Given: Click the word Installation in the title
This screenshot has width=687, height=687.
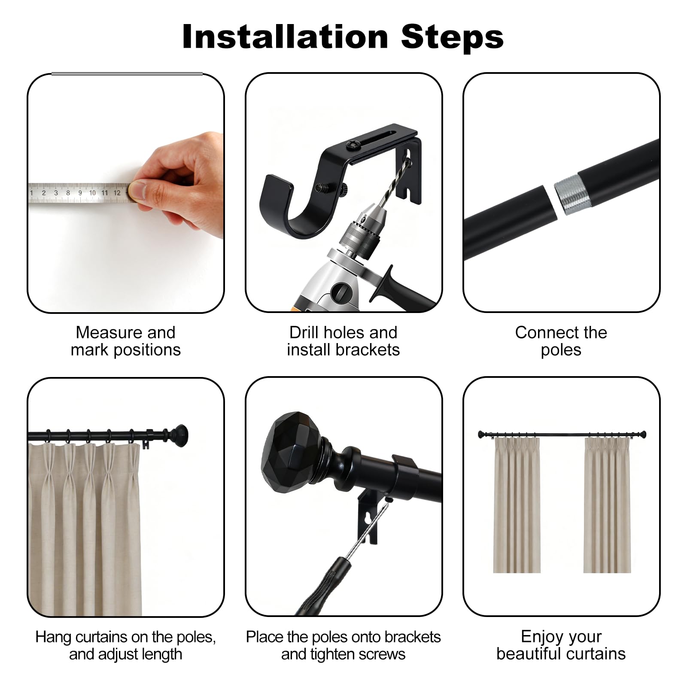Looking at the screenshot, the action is click(x=285, y=37).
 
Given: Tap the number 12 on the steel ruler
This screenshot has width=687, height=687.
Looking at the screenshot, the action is click(x=117, y=193).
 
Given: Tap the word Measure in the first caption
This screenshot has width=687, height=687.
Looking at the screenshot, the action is click(x=105, y=332).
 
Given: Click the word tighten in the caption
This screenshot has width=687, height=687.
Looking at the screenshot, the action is click(x=337, y=654).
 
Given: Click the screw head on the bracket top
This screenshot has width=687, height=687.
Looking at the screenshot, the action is click(x=356, y=146).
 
